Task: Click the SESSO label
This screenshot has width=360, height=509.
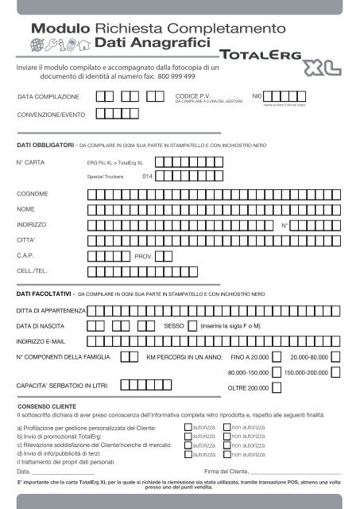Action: pos(173,326)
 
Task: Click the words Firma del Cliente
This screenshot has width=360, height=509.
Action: pos(226,472)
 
